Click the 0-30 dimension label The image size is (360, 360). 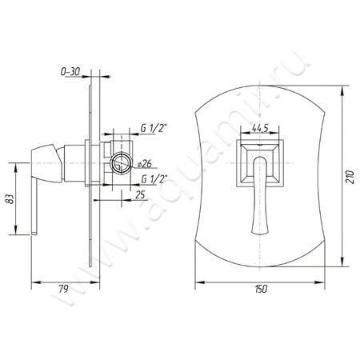coord(70,71)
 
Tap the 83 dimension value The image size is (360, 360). coord(10,198)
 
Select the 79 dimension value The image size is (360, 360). coord(63,289)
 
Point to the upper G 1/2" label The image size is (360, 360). coord(154,129)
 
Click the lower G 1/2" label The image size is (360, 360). coord(154,179)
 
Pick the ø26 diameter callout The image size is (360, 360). coord(145,164)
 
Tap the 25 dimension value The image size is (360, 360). coord(140,195)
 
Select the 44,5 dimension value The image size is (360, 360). coord(260,129)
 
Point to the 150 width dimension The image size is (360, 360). coord(261,289)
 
